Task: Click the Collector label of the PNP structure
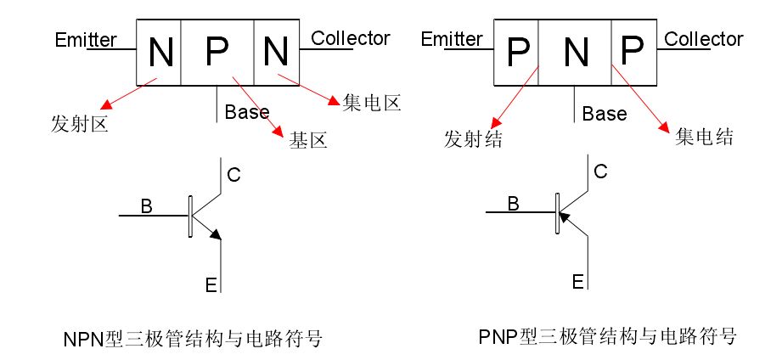coord(703,39)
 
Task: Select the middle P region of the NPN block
coord(217,53)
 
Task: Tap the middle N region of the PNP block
coord(576,53)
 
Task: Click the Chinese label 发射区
coord(79,125)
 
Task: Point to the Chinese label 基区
coord(307,140)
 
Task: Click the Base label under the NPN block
coord(247,112)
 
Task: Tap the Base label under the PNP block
coord(605,113)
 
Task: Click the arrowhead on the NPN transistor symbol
coord(216,233)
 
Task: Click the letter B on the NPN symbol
coord(146,205)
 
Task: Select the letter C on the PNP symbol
coord(599,172)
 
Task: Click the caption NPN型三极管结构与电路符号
coord(193,340)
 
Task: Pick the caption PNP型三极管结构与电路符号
coord(607,336)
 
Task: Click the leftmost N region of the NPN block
coord(159,53)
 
